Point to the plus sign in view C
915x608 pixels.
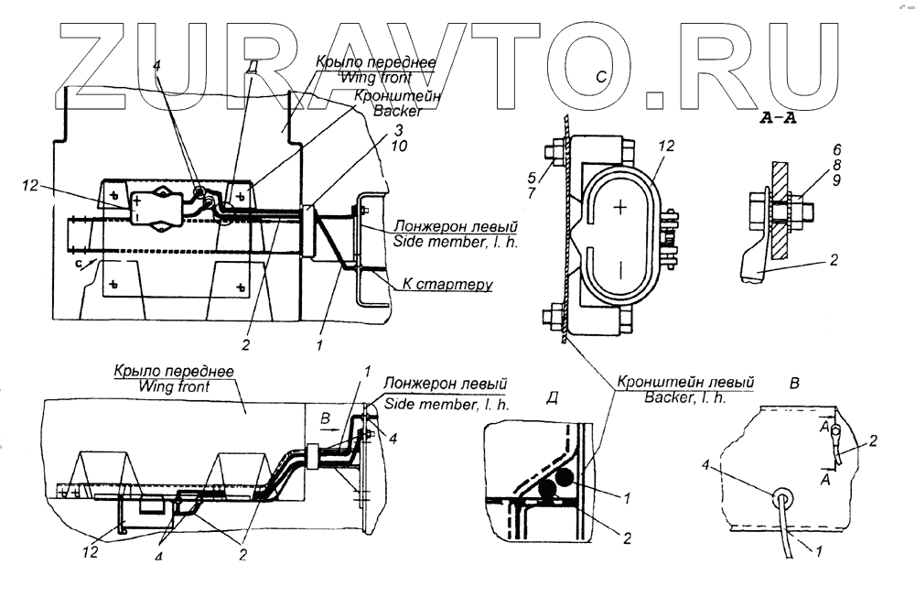point(621,207)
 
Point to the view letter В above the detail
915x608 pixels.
point(795,384)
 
